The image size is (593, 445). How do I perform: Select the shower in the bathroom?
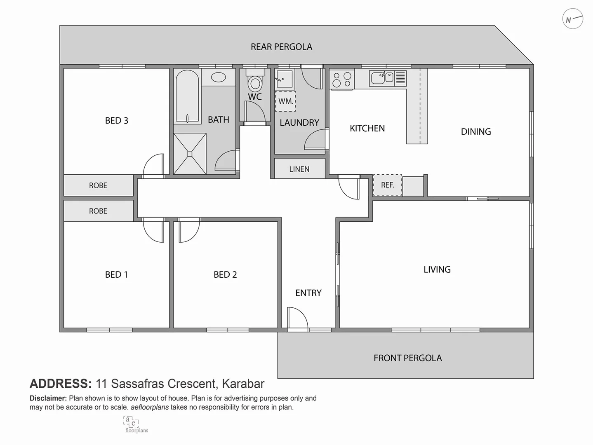190,154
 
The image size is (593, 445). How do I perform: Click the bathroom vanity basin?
218,77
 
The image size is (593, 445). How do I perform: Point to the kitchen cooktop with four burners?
342,80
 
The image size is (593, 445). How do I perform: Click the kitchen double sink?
383,77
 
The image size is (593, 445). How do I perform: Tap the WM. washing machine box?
285,101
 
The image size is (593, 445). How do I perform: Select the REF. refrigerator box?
387,185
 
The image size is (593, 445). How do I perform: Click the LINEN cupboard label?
299,169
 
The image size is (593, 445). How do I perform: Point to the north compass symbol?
572,19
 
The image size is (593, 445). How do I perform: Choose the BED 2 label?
225,274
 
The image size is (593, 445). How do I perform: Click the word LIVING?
437,269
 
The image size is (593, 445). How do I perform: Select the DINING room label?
476,131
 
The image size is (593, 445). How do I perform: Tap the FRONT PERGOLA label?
407,358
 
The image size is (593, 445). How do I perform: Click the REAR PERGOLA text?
281,47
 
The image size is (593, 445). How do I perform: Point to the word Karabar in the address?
243,384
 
